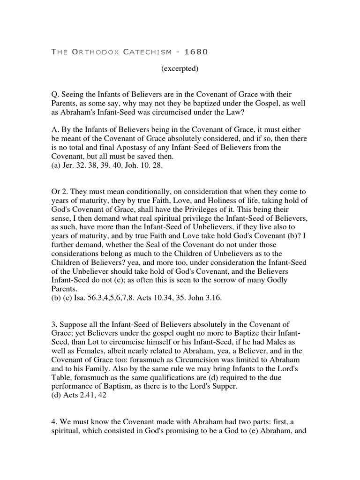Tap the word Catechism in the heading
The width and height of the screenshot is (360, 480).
coord(147,52)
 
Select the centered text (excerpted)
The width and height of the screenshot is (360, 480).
coord(180,69)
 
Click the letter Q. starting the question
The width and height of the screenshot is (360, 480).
coord(55,95)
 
